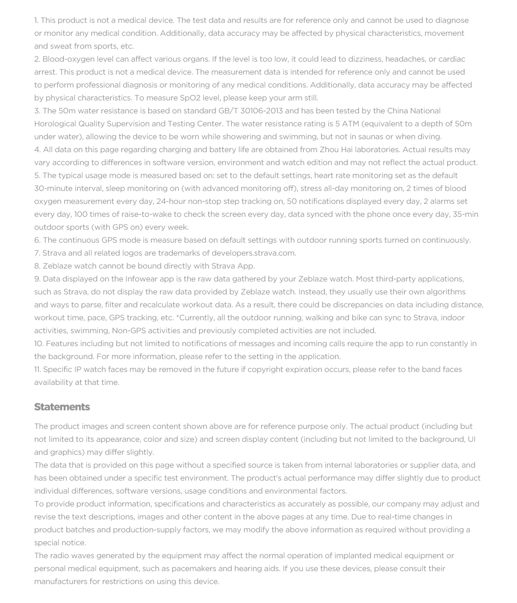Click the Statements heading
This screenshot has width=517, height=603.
tap(62, 407)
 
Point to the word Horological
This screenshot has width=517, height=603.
tap(55, 124)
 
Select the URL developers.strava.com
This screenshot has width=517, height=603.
tap(253, 253)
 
